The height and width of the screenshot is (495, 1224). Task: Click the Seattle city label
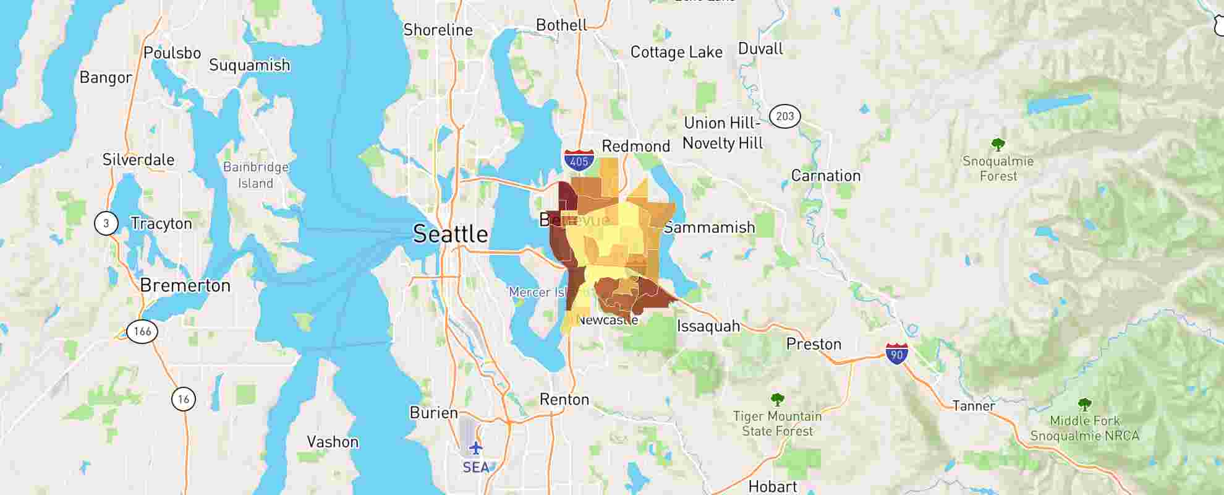[x=450, y=234]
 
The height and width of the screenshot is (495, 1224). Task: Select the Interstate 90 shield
[x=896, y=353]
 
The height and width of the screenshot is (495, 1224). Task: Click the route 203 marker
[x=784, y=116]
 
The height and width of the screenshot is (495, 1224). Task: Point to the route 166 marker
[x=142, y=331]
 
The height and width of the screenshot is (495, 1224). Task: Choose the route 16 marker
[x=184, y=399]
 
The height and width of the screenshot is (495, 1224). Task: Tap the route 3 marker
[x=106, y=223]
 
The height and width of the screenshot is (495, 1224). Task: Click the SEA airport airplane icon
[x=475, y=447]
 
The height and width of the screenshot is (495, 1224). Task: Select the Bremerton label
[x=185, y=285]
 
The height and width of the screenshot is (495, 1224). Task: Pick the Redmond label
[x=635, y=146]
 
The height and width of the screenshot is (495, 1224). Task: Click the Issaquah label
[x=708, y=326]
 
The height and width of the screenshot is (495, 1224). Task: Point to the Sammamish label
[x=710, y=227]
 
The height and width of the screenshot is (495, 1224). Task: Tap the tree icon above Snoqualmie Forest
[x=998, y=145]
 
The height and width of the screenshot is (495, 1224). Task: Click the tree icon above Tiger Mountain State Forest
[x=777, y=400]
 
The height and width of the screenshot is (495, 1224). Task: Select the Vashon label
[x=333, y=442]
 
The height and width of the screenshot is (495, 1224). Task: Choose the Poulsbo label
[x=172, y=53]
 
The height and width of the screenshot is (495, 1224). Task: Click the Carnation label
[x=826, y=176]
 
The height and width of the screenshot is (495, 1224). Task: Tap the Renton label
[x=564, y=399]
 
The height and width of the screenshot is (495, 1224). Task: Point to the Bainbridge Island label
[x=256, y=175]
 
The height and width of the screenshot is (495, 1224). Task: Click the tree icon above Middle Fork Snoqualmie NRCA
[x=1084, y=405]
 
